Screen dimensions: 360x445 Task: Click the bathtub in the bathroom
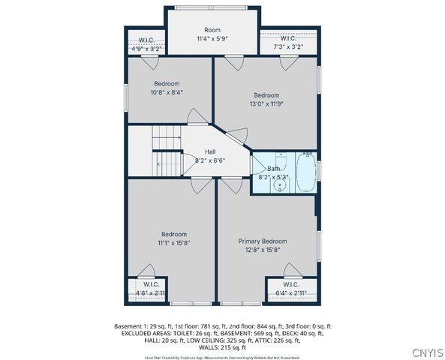[x=305, y=172]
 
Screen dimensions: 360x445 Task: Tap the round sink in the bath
[x=279, y=184]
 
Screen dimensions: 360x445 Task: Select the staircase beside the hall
[x=167, y=151]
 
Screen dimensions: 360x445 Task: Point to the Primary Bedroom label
[x=263, y=241]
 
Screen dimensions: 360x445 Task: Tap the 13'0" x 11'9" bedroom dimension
[x=266, y=104]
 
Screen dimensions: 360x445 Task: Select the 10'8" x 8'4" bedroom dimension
[x=167, y=92]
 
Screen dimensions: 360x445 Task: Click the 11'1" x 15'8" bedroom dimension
[x=173, y=243]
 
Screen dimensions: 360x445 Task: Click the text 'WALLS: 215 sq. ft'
[x=222, y=347]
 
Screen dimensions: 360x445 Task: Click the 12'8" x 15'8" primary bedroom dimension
[x=263, y=250]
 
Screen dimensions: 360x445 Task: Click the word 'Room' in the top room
[x=212, y=29]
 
